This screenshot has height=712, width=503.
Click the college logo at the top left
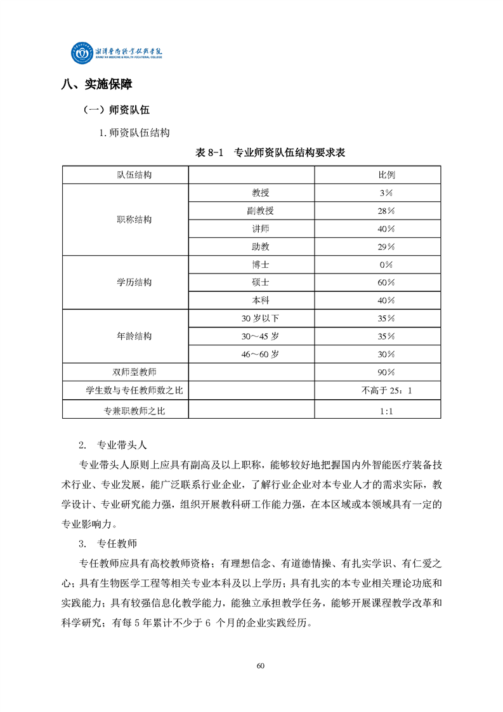point(117,54)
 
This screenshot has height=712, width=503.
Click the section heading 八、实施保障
point(96,85)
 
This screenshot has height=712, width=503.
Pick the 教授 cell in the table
point(260,192)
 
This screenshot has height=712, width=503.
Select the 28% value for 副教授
point(386,211)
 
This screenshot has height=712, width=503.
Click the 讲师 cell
point(260,228)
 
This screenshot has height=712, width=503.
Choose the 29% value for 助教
point(386,246)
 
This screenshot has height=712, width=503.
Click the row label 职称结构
point(134,220)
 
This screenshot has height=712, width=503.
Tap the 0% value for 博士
point(386,265)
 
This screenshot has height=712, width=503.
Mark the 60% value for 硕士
point(386,282)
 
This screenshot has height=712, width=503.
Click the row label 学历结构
point(134,282)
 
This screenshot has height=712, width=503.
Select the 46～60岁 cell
point(260,354)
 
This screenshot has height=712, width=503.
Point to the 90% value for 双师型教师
point(386,372)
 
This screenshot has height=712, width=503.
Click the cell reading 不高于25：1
point(386,391)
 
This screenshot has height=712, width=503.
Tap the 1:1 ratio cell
point(386,411)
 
